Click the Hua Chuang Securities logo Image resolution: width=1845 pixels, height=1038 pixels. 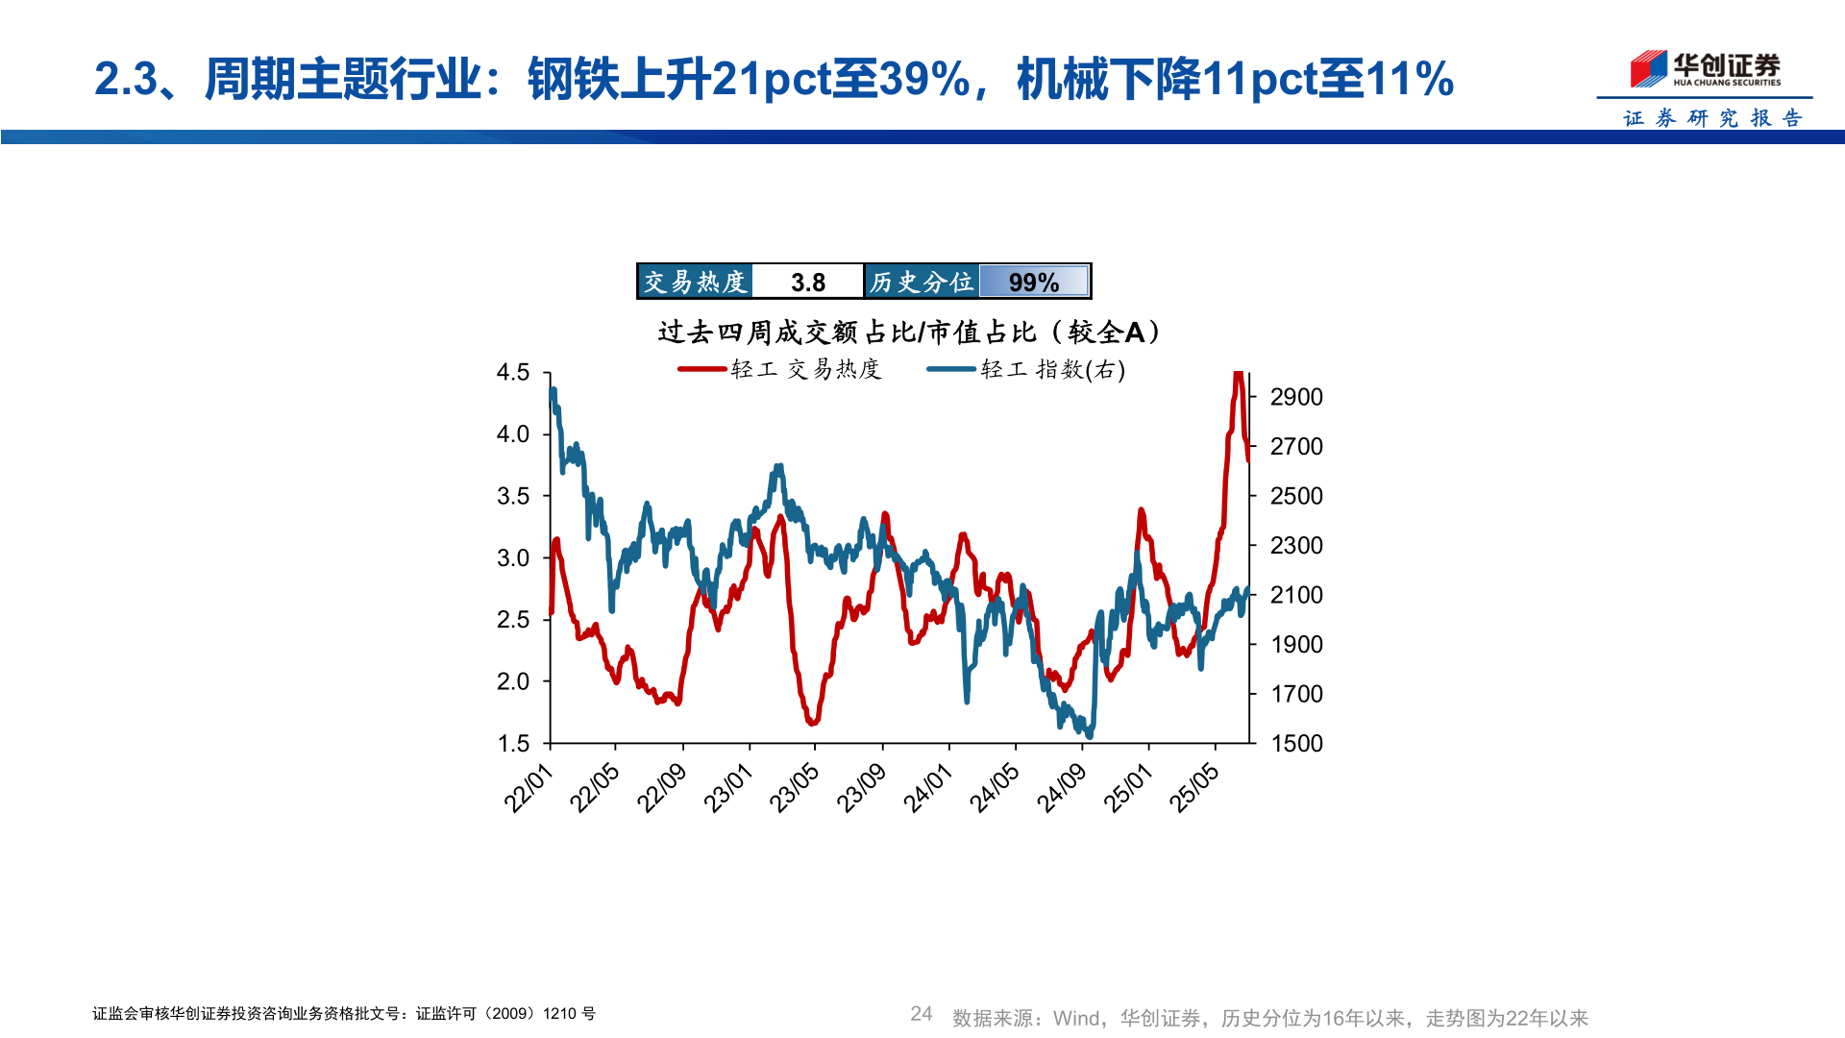point(1705,69)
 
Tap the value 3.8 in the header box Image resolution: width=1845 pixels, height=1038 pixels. point(808,283)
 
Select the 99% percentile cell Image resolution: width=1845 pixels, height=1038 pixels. point(1034,283)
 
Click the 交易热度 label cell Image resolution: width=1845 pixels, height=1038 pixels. point(695,282)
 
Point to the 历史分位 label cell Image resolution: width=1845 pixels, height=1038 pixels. point(922,282)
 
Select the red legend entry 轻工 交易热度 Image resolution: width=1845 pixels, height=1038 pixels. point(780,369)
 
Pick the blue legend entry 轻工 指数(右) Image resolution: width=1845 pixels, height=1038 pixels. point(1026,369)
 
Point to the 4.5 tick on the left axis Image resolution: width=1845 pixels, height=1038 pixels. point(513,373)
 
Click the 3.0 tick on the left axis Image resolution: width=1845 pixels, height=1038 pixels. point(513,558)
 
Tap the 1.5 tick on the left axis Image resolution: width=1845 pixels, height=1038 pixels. point(513,744)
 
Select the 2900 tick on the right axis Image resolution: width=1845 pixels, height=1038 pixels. point(1296,397)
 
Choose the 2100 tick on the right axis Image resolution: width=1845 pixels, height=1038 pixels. point(1296,595)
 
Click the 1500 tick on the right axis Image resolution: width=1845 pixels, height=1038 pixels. point(1296,744)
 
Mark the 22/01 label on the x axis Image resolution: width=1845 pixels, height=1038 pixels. point(529,789)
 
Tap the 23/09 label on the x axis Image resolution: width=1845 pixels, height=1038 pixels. point(861,789)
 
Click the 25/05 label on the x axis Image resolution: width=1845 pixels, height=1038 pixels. point(1194,789)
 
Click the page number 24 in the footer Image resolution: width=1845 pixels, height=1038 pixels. point(922,1014)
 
